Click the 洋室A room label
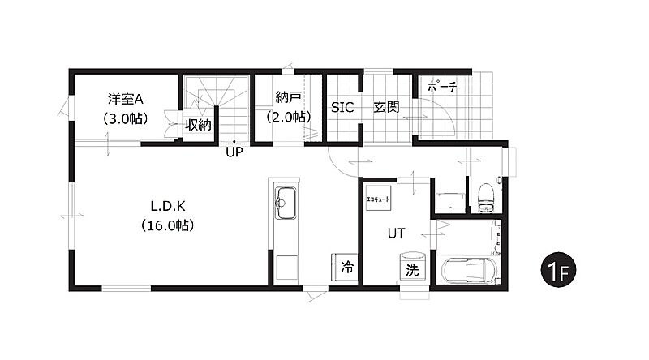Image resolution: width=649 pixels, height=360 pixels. [126, 99]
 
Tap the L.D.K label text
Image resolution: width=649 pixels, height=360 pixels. [168, 206]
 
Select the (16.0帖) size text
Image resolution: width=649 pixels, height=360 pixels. [168, 225]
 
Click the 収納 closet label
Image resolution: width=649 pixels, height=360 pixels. [198, 125]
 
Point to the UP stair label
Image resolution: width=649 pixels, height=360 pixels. [234, 152]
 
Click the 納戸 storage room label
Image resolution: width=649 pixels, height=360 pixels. [288, 97]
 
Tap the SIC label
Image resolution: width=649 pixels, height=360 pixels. [342, 108]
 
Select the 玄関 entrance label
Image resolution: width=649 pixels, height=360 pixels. [386, 107]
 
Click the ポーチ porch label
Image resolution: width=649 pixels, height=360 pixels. [442, 87]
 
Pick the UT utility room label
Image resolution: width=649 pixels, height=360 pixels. [396, 234]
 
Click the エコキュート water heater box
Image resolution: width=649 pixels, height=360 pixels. [378, 198]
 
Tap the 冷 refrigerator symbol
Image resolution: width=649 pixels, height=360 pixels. [344, 267]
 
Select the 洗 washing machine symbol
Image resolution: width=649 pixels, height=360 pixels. [412, 268]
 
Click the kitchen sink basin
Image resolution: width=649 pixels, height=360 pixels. [286, 204]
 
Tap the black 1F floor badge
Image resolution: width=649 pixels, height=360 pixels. [558, 270]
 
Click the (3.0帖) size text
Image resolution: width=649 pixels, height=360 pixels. [126, 118]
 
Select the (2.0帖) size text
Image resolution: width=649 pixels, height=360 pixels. [288, 117]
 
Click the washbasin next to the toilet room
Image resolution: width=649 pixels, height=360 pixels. [450, 203]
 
